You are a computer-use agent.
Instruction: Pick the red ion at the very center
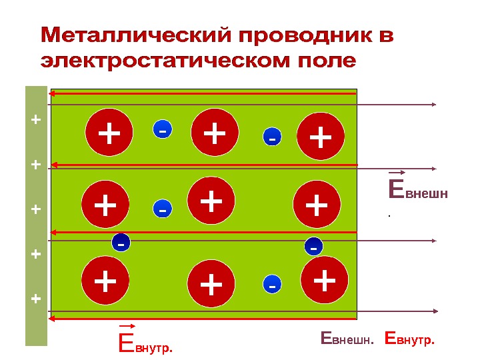211,200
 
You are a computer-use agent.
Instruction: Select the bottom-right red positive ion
325,280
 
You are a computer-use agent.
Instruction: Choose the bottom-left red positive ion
105,281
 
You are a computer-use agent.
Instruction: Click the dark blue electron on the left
121,243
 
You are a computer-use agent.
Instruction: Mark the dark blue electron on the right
313,246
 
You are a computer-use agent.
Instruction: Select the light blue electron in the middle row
162,209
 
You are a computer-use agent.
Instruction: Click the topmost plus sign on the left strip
36,120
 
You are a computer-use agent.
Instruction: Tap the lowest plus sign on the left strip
36,299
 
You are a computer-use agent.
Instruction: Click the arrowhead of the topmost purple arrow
433,104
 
